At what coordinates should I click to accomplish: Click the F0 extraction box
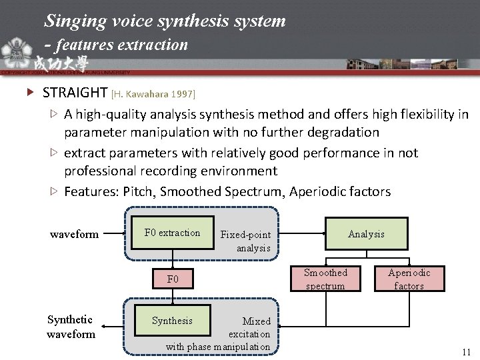(x=173, y=233)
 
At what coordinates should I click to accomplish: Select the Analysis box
(x=366, y=234)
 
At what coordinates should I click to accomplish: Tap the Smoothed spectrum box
(x=325, y=279)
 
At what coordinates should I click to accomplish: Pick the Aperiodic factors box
(x=409, y=279)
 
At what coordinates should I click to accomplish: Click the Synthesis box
(x=172, y=321)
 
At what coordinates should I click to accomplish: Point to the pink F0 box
(x=173, y=279)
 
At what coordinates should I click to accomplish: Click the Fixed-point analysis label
(x=245, y=241)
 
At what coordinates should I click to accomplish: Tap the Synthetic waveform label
(x=71, y=327)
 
